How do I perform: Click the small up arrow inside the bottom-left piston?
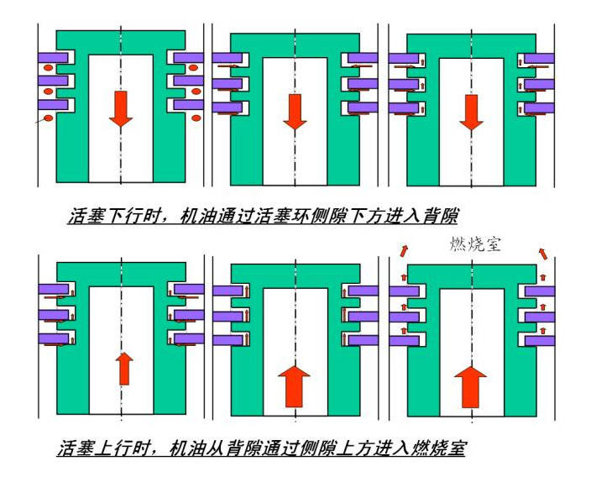124,368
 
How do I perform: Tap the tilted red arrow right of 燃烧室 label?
543,251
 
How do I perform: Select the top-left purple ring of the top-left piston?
55,59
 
